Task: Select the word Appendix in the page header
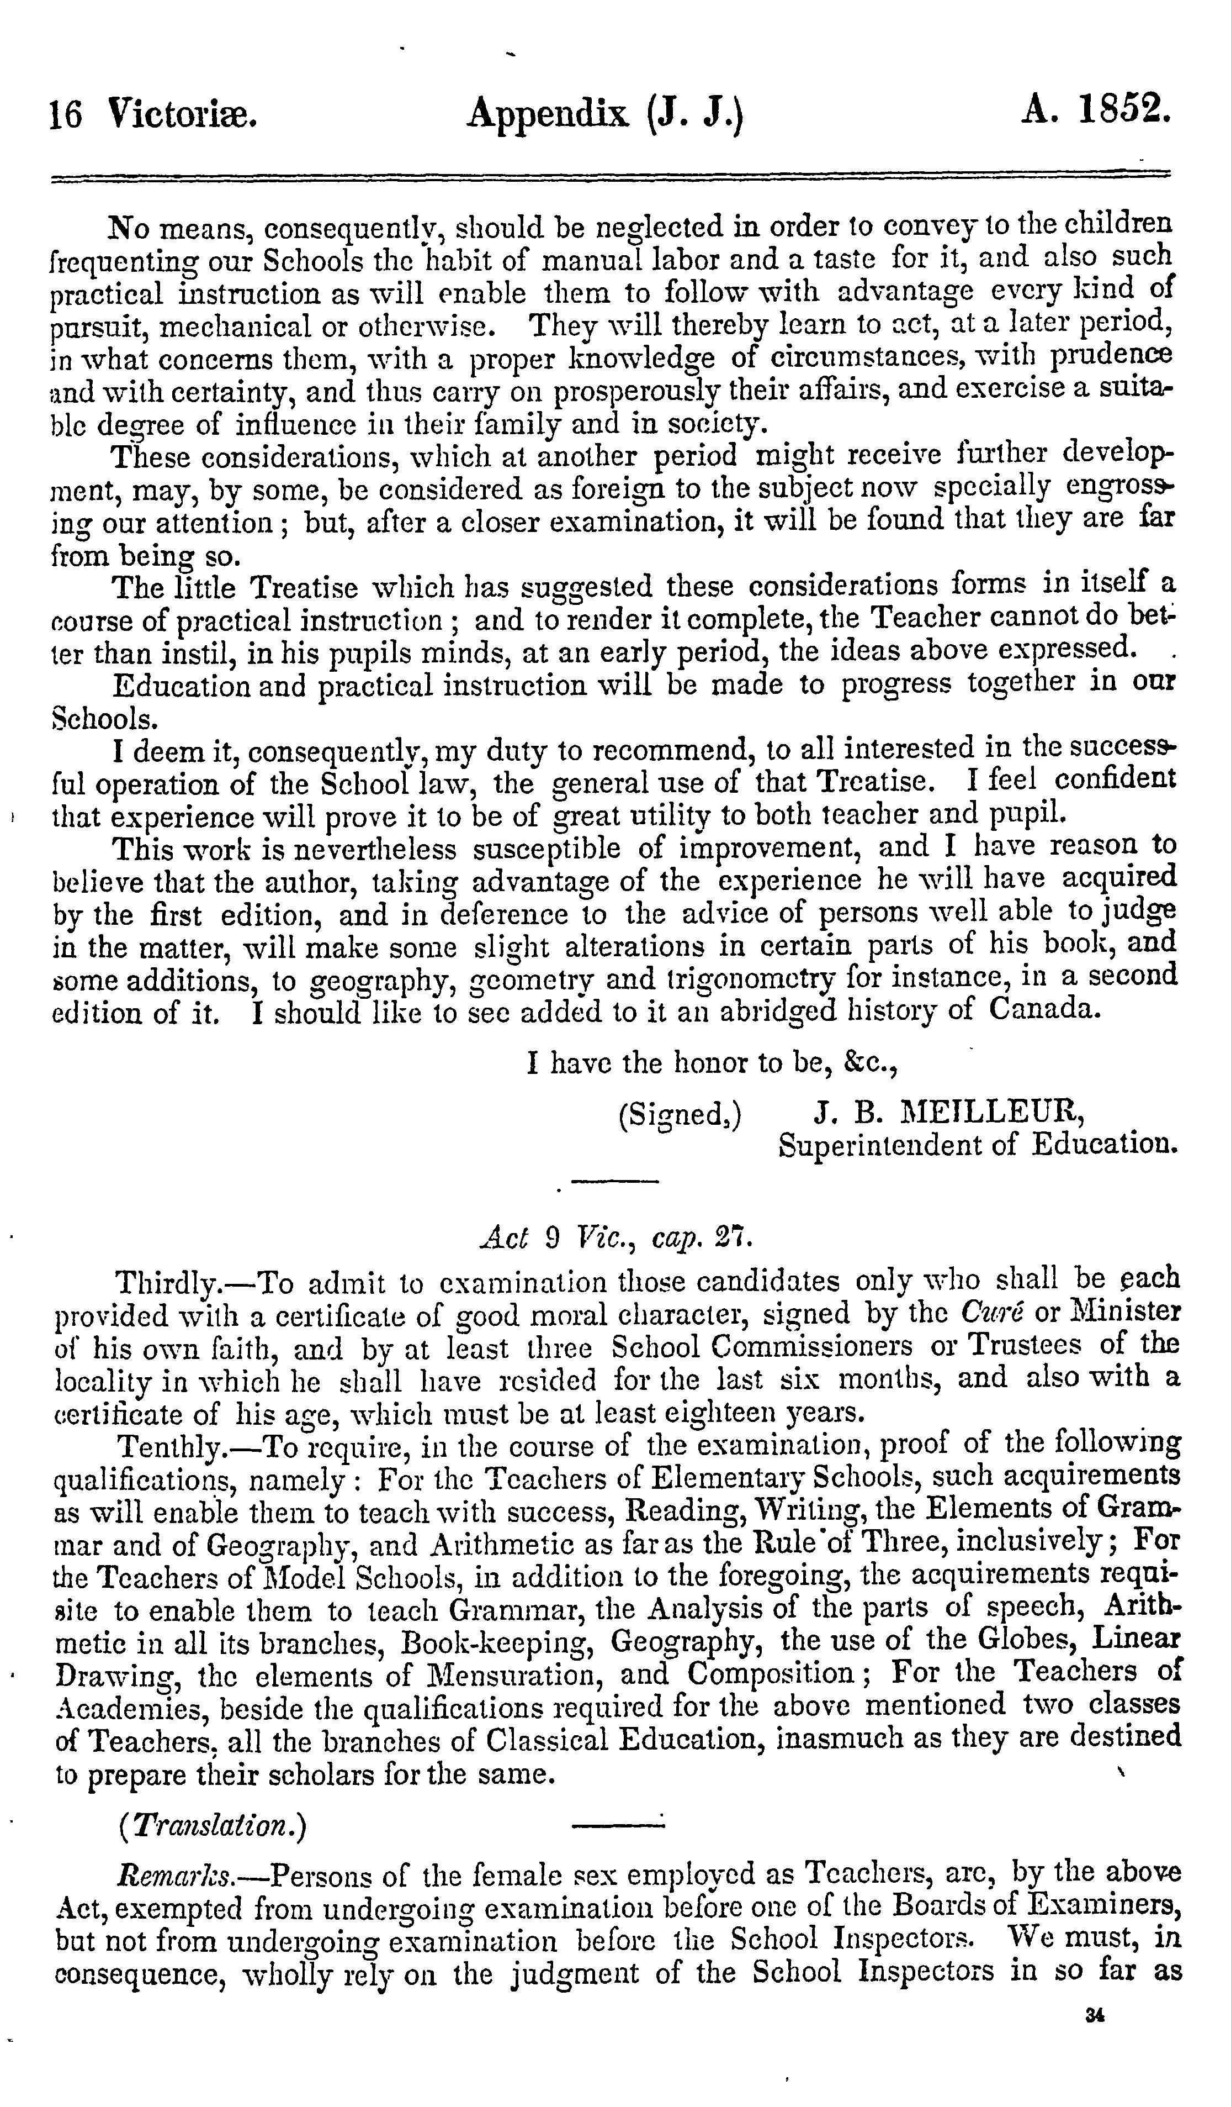click(x=548, y=114)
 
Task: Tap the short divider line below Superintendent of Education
click(x=615, y=1181)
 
